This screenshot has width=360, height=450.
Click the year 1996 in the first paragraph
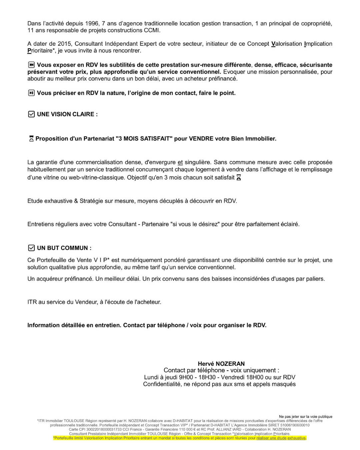click(x=92, y=23)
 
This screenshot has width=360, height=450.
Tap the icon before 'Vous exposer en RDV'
click(x=31, y=65)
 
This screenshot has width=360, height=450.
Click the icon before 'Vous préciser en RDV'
click(x=31, y=93)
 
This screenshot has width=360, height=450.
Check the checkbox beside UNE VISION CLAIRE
click(x=31, y=114)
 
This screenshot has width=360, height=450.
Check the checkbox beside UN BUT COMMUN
click(x=31, y=248)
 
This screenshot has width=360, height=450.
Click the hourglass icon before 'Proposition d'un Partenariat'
click(x=31, y=139)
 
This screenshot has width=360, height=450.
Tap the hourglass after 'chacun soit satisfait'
click(x=239, y=178)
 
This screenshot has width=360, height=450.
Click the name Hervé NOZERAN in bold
click(x=221, y=364)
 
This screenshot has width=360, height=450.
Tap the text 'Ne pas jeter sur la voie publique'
click(x=305, y=416)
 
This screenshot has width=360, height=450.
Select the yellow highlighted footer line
click(x=180, y=438)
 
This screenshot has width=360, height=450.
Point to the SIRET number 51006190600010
click(x=295, y=425)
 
